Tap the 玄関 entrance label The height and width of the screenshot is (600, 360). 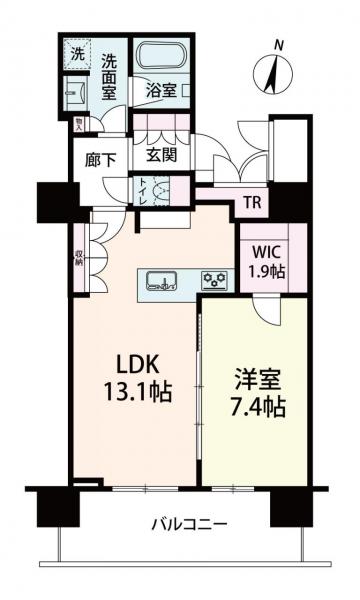pyautogui.click(x=160, y=156)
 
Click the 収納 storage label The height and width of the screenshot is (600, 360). pyautogui.click(x=78, y=261)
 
